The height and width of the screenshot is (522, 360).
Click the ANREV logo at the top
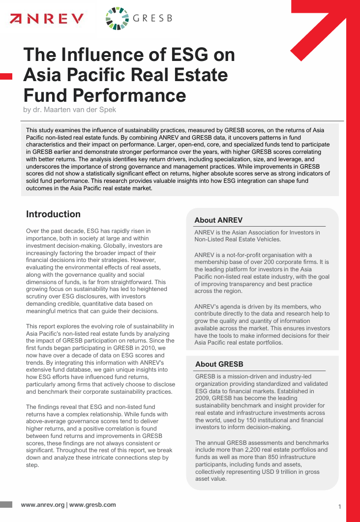(x=47, y=19)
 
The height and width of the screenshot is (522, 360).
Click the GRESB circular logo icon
(x=117, y=19)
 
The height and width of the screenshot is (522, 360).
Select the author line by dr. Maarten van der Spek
(x=69, y=110)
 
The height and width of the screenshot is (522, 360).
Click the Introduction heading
(x=53, y=214)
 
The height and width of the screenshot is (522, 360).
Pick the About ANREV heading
(x=218, y=220)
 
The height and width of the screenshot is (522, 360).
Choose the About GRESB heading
(x=219, y=364)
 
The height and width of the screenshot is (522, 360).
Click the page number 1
(x=340, y=507)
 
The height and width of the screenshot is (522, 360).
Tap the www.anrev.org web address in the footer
(x=43, y=505)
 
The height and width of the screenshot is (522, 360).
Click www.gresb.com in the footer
(x=92, y=505)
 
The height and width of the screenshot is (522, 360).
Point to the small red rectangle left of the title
(x=6, y=76)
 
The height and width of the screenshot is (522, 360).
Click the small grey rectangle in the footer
(x=6, y=505)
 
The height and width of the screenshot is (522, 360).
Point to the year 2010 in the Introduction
(x=145, y=348)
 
